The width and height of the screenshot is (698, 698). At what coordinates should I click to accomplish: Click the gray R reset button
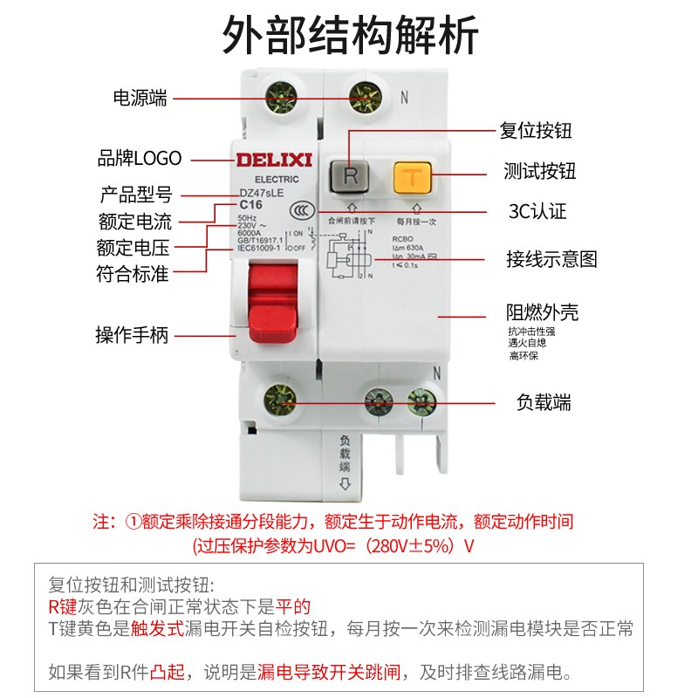(351, 175)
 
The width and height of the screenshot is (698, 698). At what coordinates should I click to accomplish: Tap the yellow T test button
(413, 176)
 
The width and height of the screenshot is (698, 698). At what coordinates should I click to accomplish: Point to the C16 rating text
(251, 204)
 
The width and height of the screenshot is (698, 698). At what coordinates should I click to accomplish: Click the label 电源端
(140, 98)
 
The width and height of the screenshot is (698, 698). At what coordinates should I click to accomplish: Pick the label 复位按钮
(536, 132)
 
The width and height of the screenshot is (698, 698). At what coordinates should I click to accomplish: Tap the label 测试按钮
(540, 172)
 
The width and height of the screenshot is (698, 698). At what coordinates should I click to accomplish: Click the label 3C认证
(537, 212)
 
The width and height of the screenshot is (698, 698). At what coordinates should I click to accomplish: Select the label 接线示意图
(551, 259)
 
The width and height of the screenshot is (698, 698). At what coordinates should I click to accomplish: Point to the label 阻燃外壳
(542, 312)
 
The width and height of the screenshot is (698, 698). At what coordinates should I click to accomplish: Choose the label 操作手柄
(132, 335)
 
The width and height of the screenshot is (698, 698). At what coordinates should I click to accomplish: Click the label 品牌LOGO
(140, 159)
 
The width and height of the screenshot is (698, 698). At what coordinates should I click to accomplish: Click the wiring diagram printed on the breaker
(348, 257)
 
